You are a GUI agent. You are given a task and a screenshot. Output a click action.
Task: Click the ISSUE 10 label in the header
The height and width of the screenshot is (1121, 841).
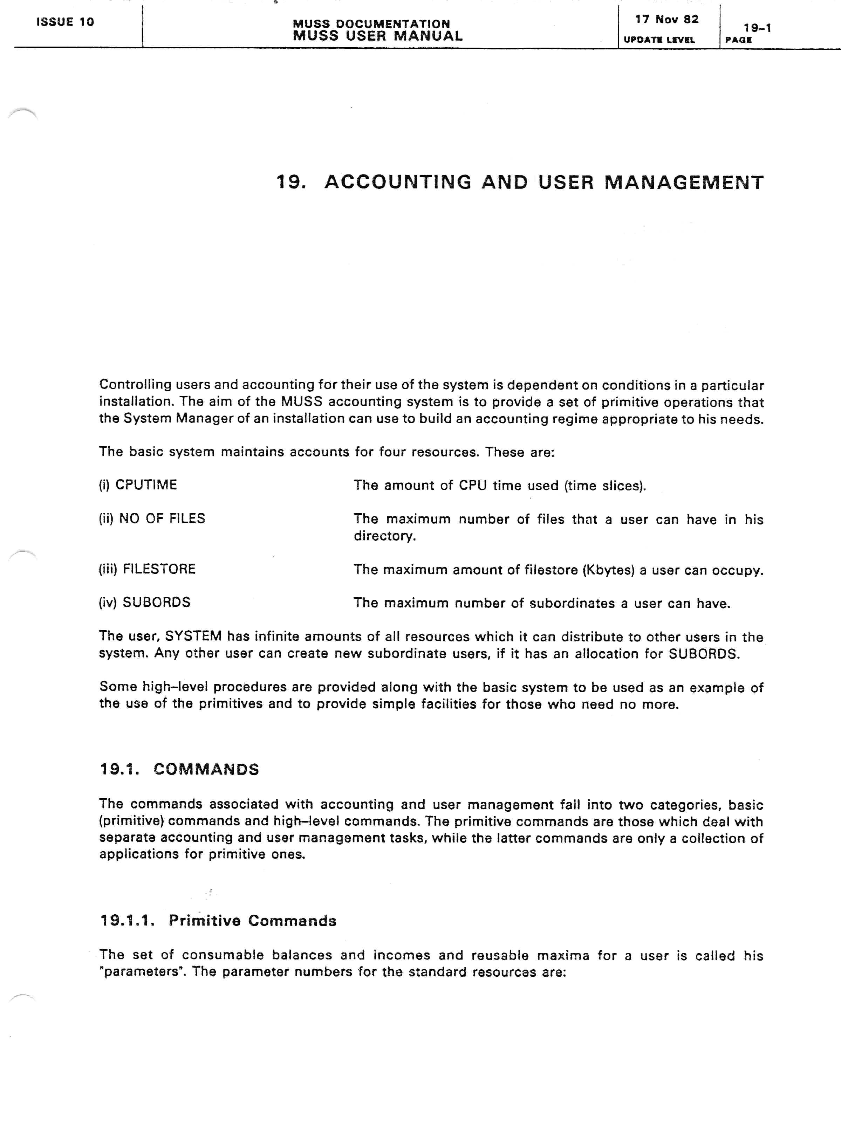click(65, 22)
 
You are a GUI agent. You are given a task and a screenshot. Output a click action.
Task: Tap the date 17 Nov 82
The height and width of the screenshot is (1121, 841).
click(666, 19)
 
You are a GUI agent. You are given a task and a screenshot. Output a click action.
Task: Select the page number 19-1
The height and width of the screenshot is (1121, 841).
click(757, 28)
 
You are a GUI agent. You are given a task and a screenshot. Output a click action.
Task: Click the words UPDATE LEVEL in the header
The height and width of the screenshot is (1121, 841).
click(659, 40)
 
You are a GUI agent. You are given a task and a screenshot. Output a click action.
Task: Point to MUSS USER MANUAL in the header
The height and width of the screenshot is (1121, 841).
click(378, 36)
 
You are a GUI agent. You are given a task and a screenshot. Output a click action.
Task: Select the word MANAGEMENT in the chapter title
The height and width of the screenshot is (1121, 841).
click(684, 183)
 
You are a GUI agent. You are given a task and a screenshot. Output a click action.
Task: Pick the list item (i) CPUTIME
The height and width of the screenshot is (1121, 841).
click(138, 485)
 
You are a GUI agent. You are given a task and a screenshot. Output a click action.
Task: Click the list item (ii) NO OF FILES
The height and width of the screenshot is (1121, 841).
click(152, 518)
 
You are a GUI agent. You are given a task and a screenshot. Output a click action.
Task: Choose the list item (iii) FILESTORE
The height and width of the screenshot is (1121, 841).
click(147, 569)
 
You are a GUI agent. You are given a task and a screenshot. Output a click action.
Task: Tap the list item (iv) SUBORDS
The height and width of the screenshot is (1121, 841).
click(144, 603)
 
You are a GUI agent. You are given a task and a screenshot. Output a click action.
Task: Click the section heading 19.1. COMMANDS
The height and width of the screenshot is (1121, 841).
click(179, 769)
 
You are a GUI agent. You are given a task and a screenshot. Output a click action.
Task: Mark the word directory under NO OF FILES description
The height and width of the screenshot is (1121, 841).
click(385, 536)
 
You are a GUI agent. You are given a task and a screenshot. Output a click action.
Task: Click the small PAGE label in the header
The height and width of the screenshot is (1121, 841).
click(739, 40)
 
